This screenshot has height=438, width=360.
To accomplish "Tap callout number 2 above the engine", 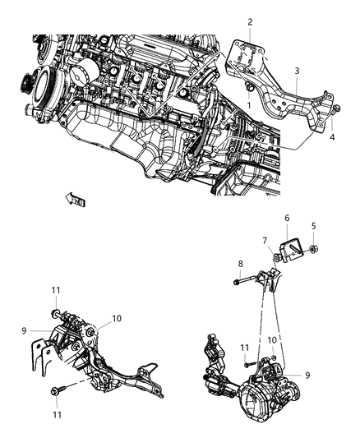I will coord(250,21).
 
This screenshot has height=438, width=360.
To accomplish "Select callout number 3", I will coord(297,71).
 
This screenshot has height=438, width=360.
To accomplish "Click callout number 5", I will coord(312,227).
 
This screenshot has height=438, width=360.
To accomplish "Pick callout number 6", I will coord(287,218).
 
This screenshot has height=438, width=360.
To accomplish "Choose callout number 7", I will coord(265,240).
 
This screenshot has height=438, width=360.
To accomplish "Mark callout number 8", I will coord(239,264).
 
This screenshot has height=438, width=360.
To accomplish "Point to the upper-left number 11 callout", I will coord(55,291).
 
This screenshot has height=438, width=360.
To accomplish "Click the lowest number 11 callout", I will coord(56,416).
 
